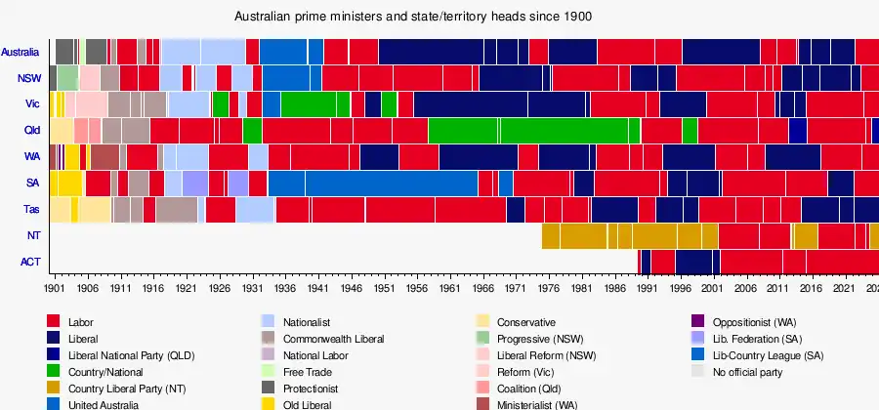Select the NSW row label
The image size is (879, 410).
28,78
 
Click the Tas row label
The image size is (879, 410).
31,210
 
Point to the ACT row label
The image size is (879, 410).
29,262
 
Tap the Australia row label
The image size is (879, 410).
21,52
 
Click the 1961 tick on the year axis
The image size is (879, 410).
449,289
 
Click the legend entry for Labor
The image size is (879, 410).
82,322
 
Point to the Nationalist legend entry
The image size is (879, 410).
308,322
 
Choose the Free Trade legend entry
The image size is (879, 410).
307,371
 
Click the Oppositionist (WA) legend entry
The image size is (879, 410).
756,322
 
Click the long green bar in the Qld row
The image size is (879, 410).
527,130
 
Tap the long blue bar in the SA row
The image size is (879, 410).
391,183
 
